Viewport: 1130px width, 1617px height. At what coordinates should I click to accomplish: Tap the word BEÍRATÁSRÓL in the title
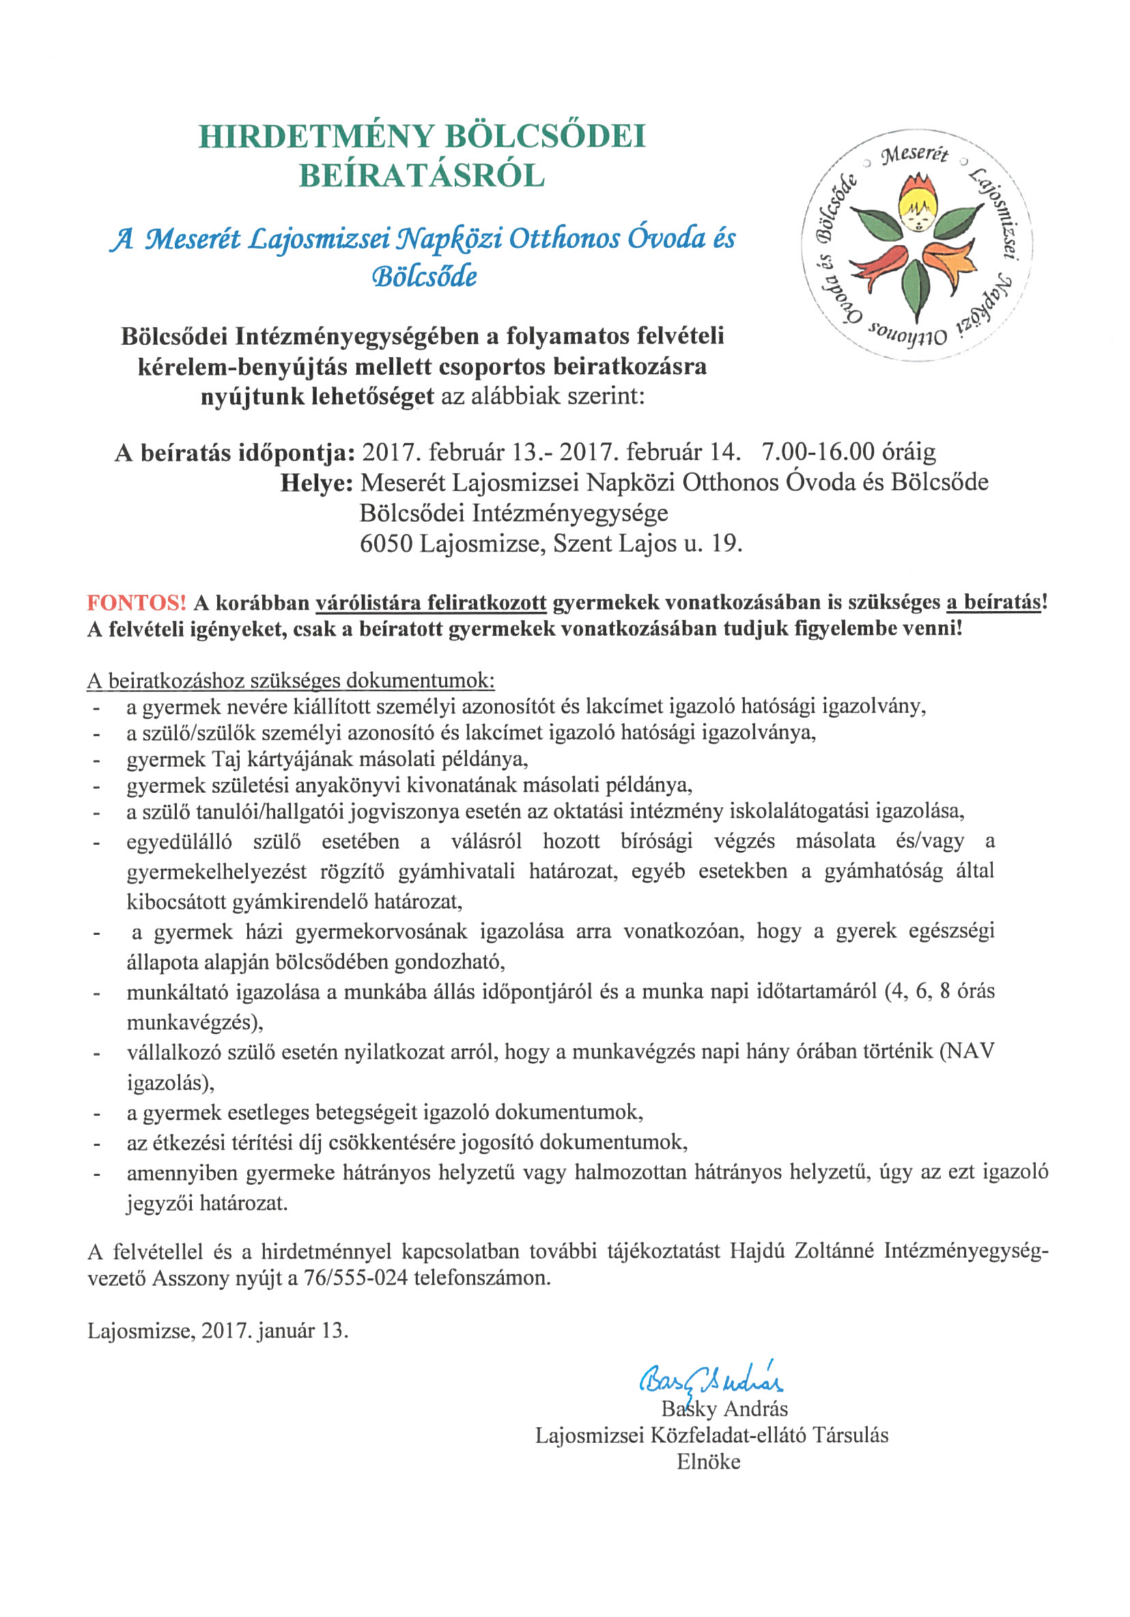coord(422,176)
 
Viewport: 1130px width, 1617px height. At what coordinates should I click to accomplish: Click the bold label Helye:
coord(316,483)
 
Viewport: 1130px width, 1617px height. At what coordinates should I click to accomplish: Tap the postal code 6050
coord(385,544)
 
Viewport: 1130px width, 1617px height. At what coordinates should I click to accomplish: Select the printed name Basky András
coord(724,1409)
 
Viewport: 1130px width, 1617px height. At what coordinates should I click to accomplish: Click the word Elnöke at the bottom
coord(708,1462)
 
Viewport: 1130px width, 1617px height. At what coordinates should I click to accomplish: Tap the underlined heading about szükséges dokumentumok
coord(291,681)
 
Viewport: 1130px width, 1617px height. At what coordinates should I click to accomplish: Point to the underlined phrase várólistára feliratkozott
coord(430,603)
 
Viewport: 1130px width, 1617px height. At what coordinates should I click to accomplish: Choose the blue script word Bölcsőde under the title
coord(424,276)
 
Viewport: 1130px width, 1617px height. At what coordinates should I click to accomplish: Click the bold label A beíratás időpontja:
coord(234,452)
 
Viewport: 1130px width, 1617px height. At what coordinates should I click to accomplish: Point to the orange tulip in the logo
coord(950,262)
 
